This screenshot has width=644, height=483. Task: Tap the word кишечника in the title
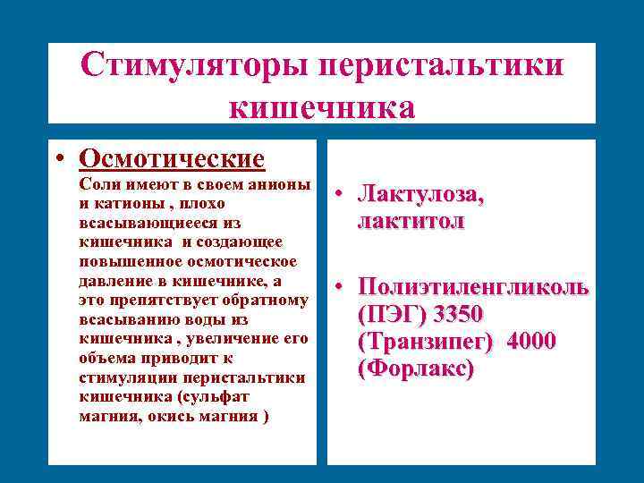point(322,107)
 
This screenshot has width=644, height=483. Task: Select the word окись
point(171,417)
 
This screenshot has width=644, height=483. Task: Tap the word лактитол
point(411,221)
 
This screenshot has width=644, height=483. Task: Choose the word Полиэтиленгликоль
point(472,287)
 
